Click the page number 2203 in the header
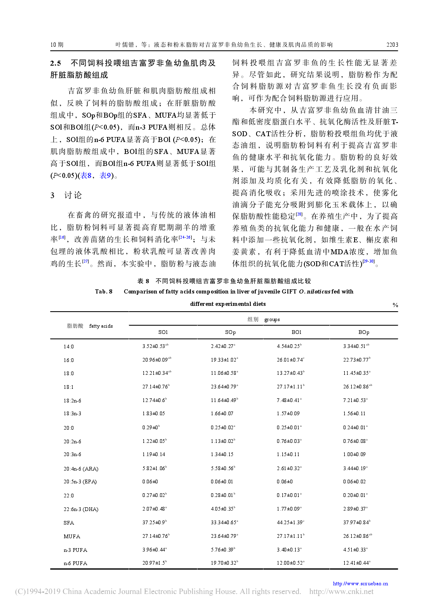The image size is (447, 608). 392,45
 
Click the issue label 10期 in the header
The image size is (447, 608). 57,45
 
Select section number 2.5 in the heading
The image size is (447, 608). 56,63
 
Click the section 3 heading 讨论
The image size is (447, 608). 73,195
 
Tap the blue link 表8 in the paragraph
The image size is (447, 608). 86,175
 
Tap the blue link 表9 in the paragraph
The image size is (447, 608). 106,175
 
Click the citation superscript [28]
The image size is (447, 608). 299,214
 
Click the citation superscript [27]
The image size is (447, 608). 86,261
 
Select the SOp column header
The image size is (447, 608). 230,332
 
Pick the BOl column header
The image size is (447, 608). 296,332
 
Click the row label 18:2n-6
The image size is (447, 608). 72,400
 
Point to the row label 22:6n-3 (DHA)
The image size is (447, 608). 81,509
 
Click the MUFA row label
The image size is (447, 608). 72,537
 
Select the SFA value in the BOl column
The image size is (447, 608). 290,523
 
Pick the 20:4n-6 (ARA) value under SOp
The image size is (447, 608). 223,468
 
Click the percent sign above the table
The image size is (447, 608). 395,305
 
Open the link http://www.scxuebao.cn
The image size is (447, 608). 360,584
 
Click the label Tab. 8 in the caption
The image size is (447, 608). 104,291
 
